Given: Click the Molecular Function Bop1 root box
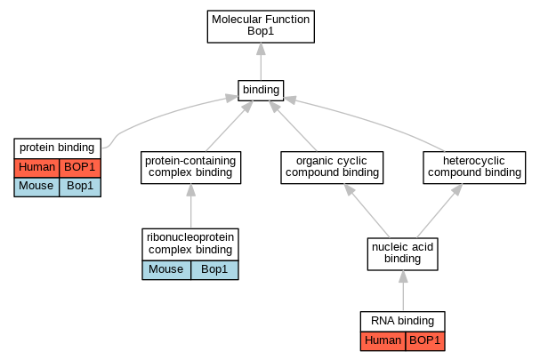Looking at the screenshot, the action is click(261, 27).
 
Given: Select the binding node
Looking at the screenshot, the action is click(261, 91).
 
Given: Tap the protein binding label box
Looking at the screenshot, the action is click(58, 148).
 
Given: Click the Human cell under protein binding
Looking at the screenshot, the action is click(36, 168).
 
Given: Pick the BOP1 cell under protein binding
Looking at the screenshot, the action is click(80, 168).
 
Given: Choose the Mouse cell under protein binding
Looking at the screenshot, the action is click(36, 188).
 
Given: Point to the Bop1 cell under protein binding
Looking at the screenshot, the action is click(80, 188).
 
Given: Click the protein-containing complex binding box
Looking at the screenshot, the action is click(190, 167).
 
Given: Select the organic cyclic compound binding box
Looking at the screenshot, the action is click(332, 167).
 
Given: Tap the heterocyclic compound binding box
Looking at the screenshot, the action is click(474, 167).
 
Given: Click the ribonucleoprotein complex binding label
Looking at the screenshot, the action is click(190, 244).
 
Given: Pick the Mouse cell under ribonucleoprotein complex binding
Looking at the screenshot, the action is click(166, 270).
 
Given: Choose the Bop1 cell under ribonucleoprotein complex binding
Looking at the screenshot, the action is click(214, 270).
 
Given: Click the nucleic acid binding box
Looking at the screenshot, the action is click(403, 254).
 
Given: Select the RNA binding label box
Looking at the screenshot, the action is click(403, 322).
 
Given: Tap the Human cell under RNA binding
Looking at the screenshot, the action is click(383, 341).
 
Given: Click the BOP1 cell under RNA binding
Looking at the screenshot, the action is click(425, 341).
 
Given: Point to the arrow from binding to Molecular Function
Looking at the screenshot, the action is click(261, 61).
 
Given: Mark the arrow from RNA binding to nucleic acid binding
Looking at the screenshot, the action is click(403, 291).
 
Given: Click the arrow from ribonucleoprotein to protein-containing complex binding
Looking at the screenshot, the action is click(190, 206).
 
